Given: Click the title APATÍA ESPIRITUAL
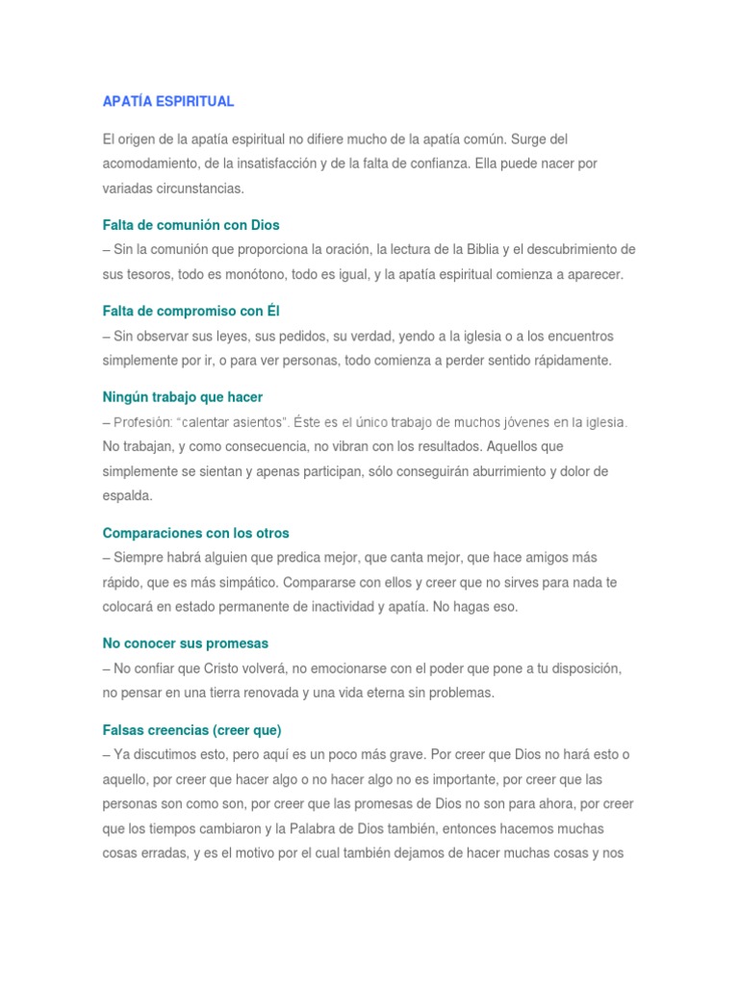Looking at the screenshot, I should [168, 101].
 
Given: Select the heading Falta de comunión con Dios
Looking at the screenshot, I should [191, 225].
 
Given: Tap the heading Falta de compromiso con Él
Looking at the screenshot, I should [191, 312].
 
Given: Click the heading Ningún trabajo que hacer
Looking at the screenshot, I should [183, 397].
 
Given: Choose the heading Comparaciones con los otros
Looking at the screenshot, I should [195, 533].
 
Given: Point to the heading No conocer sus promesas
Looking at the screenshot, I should [186, 644].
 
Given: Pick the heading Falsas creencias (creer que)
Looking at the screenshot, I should [191, 730].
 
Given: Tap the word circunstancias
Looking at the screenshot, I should [202, 189].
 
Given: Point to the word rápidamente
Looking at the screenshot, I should [569, 361].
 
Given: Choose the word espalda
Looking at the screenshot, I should [126, 496].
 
